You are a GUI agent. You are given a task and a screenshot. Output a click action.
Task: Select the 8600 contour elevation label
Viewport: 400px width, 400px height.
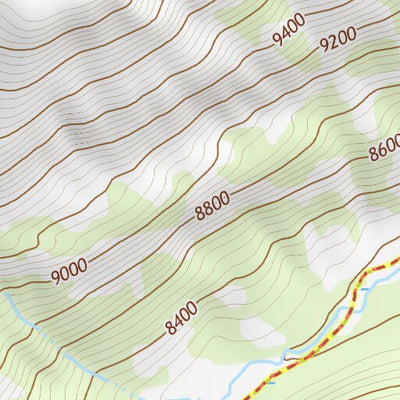[385, 148]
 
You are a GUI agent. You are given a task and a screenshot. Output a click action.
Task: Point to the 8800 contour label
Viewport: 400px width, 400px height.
[212, 205]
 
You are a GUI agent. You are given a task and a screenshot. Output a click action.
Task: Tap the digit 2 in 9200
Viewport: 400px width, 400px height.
[331, 44]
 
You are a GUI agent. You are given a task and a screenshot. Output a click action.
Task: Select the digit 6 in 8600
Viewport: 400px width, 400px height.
[381, 150]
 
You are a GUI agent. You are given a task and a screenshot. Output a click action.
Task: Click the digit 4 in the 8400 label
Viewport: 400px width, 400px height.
[178, 321]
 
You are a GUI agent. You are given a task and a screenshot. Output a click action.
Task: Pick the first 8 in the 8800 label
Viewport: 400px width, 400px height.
[200, 212]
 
